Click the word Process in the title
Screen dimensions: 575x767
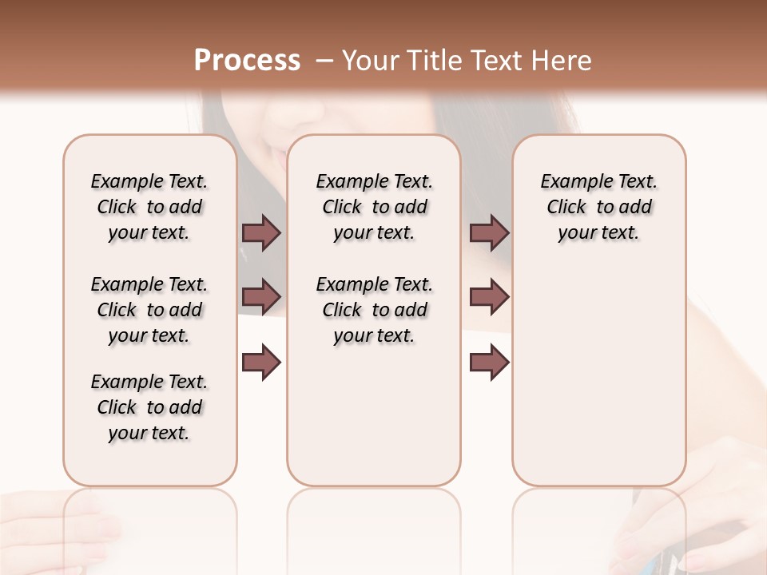[x=247, y=61]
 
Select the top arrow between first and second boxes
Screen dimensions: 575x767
[x=261, y=232]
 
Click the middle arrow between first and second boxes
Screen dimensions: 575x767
[x=261, y=297]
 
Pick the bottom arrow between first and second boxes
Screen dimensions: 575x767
[x=261, y=363]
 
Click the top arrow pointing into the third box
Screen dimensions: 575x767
[x=489, y=232]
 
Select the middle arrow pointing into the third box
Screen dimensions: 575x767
[x=489, y=297]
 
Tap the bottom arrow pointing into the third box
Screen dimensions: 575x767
[x=489, y=363]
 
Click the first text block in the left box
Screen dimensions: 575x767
[x=149, y=207]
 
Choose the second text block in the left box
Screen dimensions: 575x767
[x=149, y=310]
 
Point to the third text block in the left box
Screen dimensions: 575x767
[x=149, y=407]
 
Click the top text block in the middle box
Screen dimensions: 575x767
[x=374, y=207]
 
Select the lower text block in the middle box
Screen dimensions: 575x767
[x=374, y=310]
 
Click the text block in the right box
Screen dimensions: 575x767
[x=598, y=207]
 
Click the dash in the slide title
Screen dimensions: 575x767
[x=324, y=61]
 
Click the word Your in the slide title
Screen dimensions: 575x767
[x=372, y=61]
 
